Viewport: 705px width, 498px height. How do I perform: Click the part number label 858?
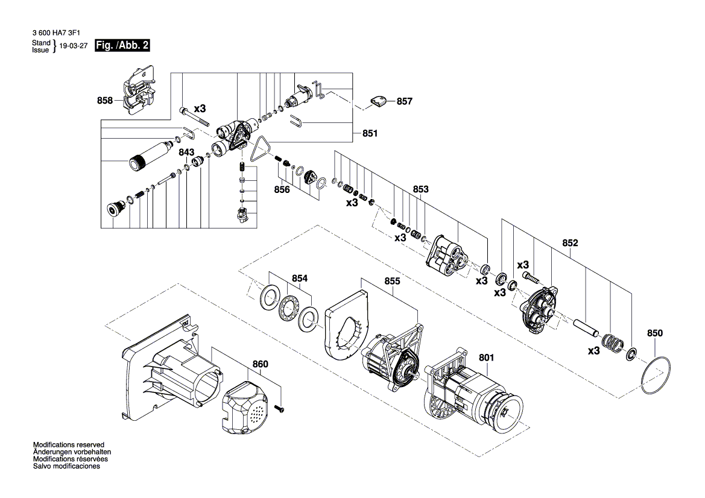pos(105,101)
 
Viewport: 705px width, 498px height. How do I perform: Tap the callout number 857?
pos(404,101)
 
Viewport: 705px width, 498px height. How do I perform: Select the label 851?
pos(370,133)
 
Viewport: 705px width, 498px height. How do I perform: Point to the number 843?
pos(186,153)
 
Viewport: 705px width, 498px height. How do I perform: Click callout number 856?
pos(282,190)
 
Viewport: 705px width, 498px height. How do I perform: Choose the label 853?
pos(420,189)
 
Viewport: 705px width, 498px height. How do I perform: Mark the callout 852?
pos(570,243)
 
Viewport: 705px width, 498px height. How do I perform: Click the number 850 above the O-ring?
pos(655,333)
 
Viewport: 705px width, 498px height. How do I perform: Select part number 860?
pos(260,364)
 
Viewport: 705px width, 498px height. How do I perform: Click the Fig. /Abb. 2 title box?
pos(122,45)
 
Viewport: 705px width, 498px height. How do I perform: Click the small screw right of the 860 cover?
pos(282,408)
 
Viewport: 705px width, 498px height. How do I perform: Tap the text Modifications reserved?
pos(69,445)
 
